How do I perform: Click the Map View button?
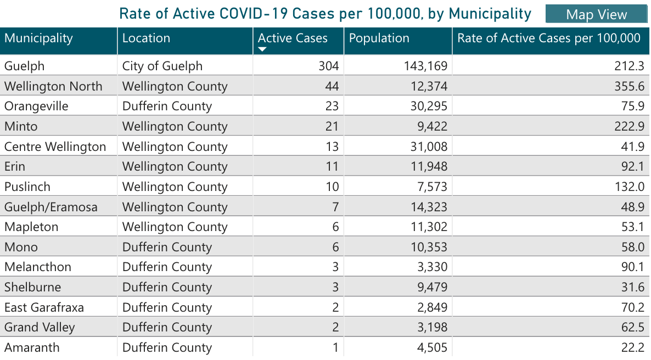596,14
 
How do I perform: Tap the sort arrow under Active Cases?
262,49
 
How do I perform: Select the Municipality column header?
38,38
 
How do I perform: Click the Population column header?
379,38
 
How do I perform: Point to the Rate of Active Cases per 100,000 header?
549,38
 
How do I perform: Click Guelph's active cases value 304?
328,66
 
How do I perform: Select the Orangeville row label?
36,106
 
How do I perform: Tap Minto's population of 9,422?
429,127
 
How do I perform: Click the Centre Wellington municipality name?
55,147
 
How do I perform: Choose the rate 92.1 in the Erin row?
632,167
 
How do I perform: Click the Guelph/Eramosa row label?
50,207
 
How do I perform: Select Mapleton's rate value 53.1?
632,227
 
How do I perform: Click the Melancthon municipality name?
38,267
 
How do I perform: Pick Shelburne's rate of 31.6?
632,287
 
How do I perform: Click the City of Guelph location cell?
162,66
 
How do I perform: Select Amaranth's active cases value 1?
335,347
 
